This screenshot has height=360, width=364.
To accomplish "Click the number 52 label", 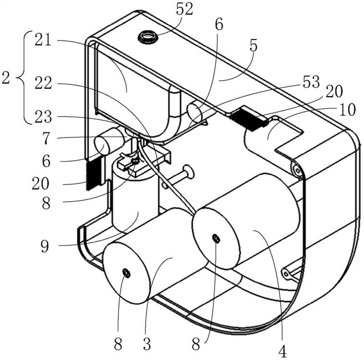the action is tap(185, 9).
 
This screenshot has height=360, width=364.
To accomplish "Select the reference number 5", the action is tap(253, 46).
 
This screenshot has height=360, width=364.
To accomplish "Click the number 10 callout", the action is tap(347, 110).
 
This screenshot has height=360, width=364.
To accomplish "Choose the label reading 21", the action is tap(43, 41).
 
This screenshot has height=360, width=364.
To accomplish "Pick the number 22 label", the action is tap(43, 83).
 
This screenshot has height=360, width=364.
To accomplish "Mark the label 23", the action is tap(43, 117).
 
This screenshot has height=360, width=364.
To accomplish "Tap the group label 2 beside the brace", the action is tap(6, 78).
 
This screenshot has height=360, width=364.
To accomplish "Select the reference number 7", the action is tap(46, 139).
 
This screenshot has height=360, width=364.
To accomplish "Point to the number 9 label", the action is tap(45, 246).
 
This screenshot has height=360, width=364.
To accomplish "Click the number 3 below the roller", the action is tap(147, 344).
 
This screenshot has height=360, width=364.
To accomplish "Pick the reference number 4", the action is tap(282, 352).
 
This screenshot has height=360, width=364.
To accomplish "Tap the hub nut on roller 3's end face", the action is tap(126, 273).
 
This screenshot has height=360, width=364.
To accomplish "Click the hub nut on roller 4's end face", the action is tap(216, 238).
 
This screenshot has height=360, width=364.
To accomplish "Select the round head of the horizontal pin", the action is tap(189, 172).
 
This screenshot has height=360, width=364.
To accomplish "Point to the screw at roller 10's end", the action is tap(297, 171).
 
